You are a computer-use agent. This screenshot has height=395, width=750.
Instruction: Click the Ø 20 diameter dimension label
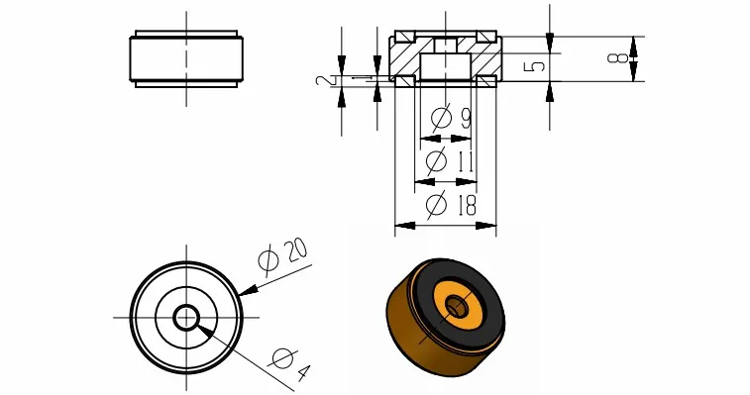click(x=282, y=257)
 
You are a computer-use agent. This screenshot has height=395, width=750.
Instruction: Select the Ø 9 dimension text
click(x=451, y=118)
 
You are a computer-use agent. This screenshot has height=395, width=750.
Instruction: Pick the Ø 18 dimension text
click(x=451, y=204)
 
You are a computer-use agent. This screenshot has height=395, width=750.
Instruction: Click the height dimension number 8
click(x=617, y=57)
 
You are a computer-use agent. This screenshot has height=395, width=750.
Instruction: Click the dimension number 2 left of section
click(x=323, y=80)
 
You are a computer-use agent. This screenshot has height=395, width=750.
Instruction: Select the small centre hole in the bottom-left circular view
click(x=186, y=318)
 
